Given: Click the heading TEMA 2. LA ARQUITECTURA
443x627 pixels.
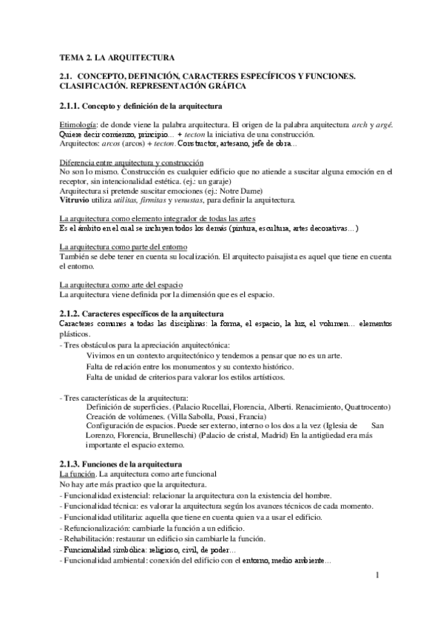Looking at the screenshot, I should click(x=117, y=57).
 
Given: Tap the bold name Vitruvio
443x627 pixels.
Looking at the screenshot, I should click(x=75, y=200).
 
